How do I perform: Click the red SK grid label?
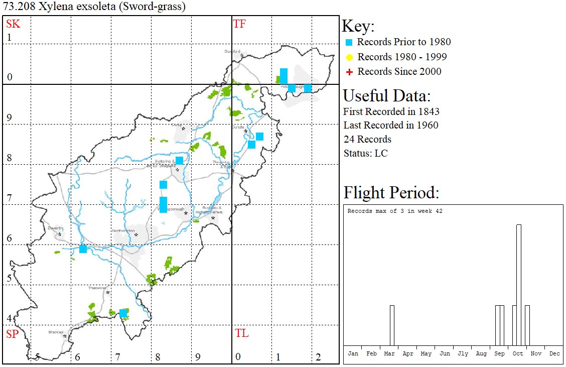click(x=13, y=24)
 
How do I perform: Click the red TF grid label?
click(x=239, y=24)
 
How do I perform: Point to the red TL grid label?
click(x=241, y=333)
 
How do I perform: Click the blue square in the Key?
click(x=350, y=42)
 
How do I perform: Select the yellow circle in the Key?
click(x=350, y=57)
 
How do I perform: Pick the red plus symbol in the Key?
click(x=350, y=72)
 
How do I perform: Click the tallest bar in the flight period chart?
click(x=519, y=285)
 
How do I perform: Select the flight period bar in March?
click(x=392, y=325)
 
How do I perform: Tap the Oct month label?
click(x=518, y=353)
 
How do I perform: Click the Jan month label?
click(x=353, y=353)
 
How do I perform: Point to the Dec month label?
click(x=554, y=353)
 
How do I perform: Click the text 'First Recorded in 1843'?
click(x=391, y=111)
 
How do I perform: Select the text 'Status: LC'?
click(x=365, y=153)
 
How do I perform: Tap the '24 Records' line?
click(x=367, y=139)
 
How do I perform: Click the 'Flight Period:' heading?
click(x=391, y=193)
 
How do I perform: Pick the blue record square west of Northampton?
click(x=83, y=249)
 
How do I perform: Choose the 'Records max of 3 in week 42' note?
click(x=395, y=211)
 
